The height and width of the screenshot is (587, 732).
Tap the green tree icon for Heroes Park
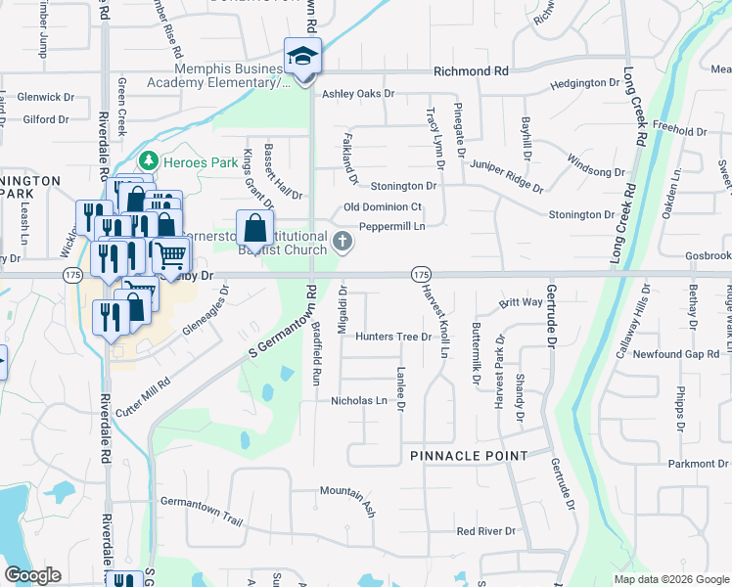click(148, 159)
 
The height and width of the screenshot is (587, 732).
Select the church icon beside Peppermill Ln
click(343, 240)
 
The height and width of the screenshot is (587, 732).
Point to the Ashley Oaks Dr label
click(357, 94)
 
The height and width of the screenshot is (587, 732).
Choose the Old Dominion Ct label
click(382, 207)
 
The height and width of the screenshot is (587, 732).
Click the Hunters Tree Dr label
click(393, 337)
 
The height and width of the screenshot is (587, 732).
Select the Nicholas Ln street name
click(359, 401)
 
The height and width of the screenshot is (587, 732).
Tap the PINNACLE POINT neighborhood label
click(469, 456)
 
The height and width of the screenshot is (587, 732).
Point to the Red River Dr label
click(485, 531)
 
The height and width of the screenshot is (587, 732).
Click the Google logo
click(32, 574)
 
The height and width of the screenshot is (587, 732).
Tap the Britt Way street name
click(521, 303)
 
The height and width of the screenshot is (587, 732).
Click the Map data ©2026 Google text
click(670, 579)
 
